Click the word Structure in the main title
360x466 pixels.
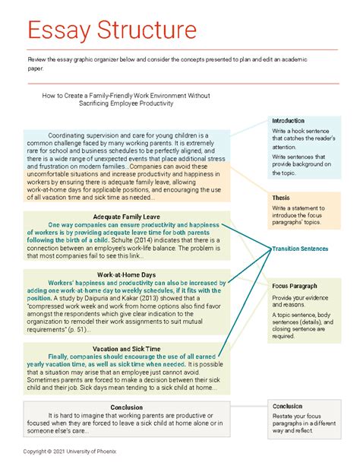click(x=147, y=32)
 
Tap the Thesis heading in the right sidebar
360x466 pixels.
click(x=281, y=198)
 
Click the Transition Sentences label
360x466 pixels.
click(x=300, y=249)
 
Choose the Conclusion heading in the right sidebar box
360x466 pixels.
click(x=287, y=405)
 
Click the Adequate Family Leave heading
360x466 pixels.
click(x=126, y=216)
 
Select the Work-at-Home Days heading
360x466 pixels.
click(x=126, y=274)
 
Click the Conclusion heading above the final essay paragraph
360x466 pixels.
click(x=126, y=407)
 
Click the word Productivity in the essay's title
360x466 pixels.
click(x=178, y=105)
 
